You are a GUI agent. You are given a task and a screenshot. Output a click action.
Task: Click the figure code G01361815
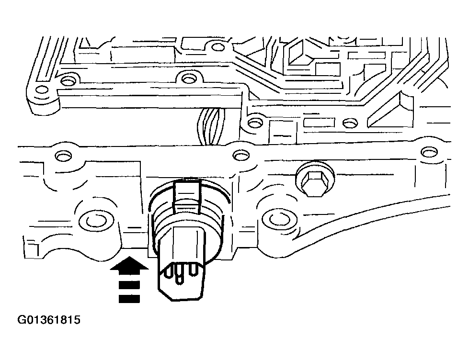49,320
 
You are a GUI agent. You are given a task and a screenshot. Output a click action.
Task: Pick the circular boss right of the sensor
277,219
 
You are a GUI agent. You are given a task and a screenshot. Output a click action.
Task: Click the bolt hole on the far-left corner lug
43,90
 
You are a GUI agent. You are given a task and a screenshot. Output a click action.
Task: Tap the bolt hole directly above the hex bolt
352,124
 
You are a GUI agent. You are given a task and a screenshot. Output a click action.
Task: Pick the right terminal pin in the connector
194,271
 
